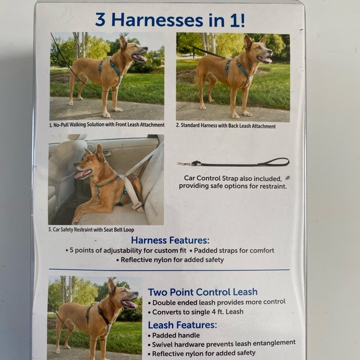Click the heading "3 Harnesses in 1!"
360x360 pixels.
click(169, 19)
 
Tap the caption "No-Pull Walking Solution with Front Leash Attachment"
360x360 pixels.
click(107, 125)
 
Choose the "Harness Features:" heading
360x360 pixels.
click(169, 240)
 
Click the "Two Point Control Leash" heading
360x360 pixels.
click(202, 292)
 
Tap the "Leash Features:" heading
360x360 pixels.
click(182, 325)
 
